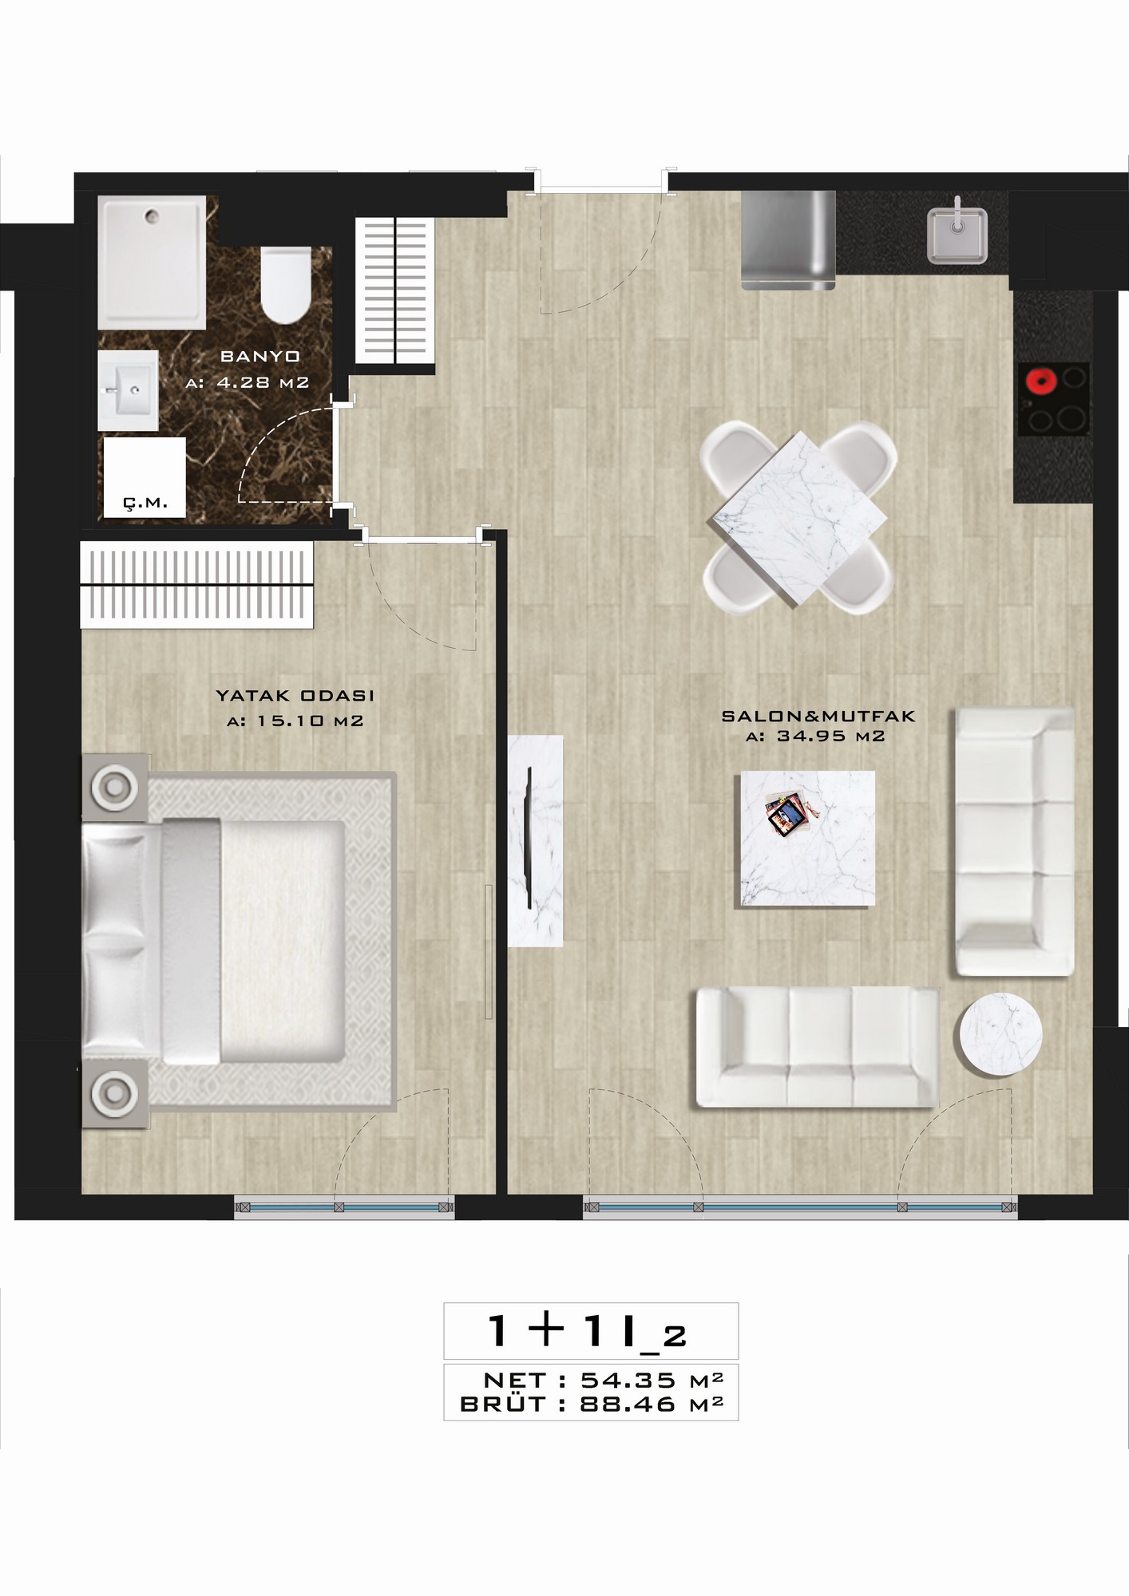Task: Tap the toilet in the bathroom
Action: (286, 285)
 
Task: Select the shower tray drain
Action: (152, 214)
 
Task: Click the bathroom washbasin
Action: (128, 392)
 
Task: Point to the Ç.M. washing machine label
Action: (145, 503)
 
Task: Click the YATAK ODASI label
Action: (295, 696)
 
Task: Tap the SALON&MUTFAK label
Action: (818, 717)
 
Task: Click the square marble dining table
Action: (799, 519)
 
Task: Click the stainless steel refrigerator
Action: (787, 239)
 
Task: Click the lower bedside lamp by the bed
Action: (115, 1091)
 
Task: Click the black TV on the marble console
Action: (529, 836)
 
